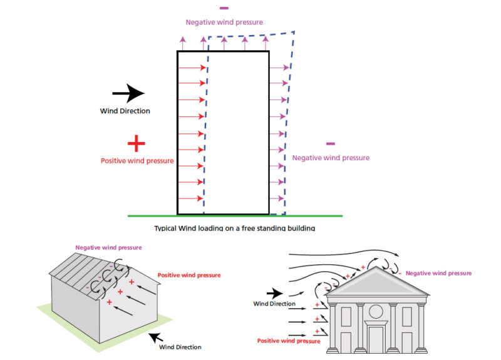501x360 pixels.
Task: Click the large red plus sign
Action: [x=136, y=144]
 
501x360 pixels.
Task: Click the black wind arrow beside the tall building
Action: [x=128, y=93]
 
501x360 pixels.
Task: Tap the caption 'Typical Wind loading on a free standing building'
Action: [x=234, y=228]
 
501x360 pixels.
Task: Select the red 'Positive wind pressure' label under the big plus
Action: [x=137, y=161]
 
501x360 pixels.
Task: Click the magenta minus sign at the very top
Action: [x=224, y=8]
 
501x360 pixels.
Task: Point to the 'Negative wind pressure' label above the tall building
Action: [x=224, y=22]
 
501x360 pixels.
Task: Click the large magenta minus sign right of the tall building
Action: [x=331, y=144]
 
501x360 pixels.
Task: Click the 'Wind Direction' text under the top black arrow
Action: [x=125, y=111]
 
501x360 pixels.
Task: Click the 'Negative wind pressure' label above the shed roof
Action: [x=108, y=247]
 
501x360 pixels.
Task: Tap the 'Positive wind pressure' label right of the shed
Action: [x=189, y=275]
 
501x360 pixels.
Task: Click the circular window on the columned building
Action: [x=376, y=311]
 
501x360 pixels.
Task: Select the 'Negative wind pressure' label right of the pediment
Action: [x=438, y=273]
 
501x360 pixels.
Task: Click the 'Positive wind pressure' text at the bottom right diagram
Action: [x=289, y=341]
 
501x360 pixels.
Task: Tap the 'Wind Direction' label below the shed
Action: [x=180, y=347]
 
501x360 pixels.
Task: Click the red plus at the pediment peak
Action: [x=363, y=267]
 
